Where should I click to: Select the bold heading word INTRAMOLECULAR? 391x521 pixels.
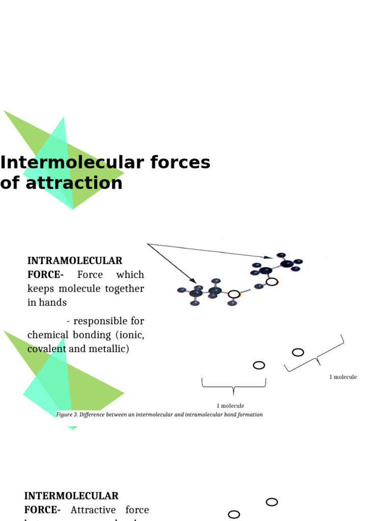click(x=74, y=261)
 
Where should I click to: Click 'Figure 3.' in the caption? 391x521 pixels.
click(x=66, y=415)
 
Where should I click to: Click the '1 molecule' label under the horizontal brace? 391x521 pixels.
click(x=230, y=406)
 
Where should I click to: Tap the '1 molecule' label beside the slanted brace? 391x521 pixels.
click(x=343, y=377)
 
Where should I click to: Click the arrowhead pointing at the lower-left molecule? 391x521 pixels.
click(x=193, y=281)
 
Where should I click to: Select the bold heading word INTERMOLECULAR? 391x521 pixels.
click(x=71, y=496)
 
